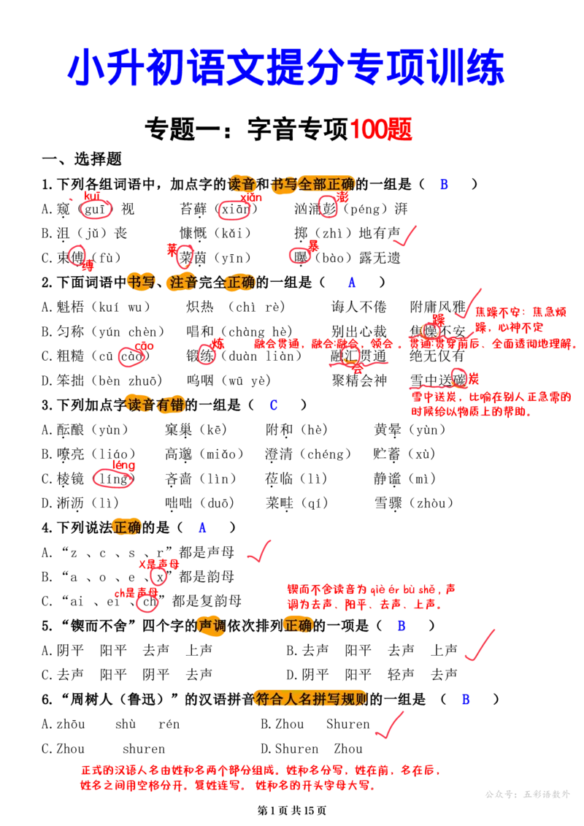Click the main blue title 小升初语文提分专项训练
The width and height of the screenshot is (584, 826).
[286, 67]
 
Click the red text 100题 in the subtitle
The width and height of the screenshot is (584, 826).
[380, 129]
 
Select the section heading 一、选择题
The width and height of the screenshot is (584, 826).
[82, 158]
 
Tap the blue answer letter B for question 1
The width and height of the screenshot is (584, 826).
[444, 184]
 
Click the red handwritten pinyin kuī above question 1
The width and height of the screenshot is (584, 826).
[92, 196]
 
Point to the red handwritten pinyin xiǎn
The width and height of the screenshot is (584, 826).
[250, 197]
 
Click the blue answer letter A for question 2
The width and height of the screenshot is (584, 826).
[352, 283]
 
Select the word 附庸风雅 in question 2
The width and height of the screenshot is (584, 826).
[437, 307]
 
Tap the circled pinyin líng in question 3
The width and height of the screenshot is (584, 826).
[114, 479]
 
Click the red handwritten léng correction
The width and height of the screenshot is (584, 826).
[124, 465]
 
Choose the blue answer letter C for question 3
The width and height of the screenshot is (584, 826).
[273, 405]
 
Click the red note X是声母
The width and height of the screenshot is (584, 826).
[158, 565]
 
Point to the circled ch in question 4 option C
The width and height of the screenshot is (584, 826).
[148, 601]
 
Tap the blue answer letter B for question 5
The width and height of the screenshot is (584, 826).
[401, 626]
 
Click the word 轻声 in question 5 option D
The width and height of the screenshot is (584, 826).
[401, 674]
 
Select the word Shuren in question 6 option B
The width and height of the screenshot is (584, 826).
[347, 724]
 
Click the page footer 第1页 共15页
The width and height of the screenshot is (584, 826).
[292, 810]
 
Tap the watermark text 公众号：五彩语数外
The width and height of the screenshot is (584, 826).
[528, 794]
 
